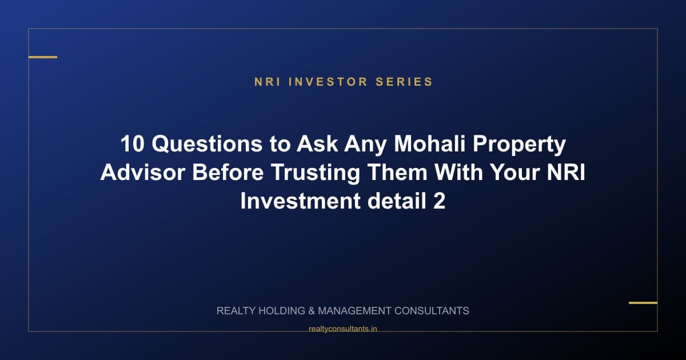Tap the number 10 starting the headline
133,145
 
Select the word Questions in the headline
206,145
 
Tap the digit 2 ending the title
438,202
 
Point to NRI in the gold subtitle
268,82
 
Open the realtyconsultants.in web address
343,329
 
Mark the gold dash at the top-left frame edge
43,57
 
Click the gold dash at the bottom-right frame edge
643,302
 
